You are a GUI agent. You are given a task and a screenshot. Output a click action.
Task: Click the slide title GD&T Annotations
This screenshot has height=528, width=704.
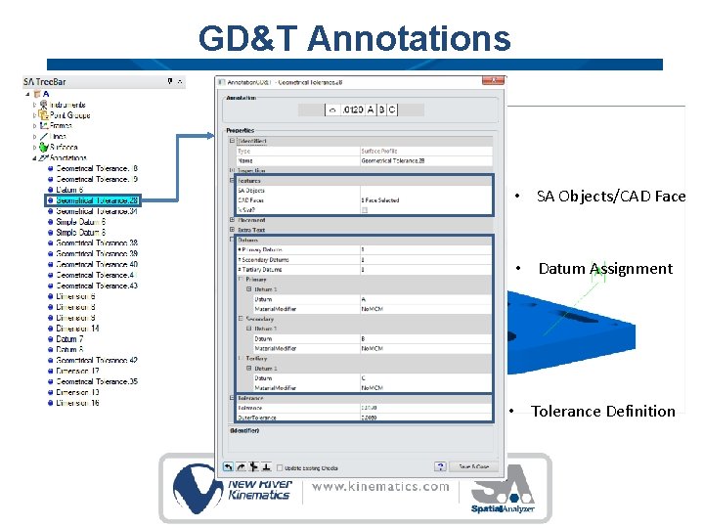click(x=354, y=38)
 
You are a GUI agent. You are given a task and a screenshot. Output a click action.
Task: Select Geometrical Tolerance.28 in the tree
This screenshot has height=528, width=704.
click(x=97, y=200)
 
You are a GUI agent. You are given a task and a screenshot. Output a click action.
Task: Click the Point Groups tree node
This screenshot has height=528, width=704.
click(x=69, y=115)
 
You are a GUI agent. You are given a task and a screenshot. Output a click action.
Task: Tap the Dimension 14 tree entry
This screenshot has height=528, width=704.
click(x=77, y=329)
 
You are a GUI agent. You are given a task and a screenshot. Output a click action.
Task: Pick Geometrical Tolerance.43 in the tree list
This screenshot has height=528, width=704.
click(x=97, y=286)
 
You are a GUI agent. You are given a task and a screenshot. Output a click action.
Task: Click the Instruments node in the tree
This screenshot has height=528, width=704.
click(x=67, y=105)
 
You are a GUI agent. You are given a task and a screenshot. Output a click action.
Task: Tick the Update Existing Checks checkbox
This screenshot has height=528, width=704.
click(x=279, y=467)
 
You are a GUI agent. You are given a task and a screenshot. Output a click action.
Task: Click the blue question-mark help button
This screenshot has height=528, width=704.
click(x=441, y=466)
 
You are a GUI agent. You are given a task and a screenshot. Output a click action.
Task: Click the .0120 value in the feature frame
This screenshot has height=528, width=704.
click(x=353, y=110)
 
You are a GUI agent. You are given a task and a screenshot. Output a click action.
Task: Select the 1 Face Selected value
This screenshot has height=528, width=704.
click(x=380, y=200)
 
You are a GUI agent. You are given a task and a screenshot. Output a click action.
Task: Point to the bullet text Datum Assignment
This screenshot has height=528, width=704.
click(x=605, y=269)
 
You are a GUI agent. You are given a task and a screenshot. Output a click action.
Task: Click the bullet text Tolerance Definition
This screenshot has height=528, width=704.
click(x=602, y=412)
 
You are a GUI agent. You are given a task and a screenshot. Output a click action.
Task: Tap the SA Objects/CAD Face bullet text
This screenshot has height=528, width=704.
click(x=610, y=197)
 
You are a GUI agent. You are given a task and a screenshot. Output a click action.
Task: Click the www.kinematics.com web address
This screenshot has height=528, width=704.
click(x=381, y=486)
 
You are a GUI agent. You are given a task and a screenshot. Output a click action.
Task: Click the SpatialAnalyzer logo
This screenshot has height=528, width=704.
click(x=502, y=490)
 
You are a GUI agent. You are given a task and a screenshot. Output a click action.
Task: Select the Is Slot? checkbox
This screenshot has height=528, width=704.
click(x=365, y=209)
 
